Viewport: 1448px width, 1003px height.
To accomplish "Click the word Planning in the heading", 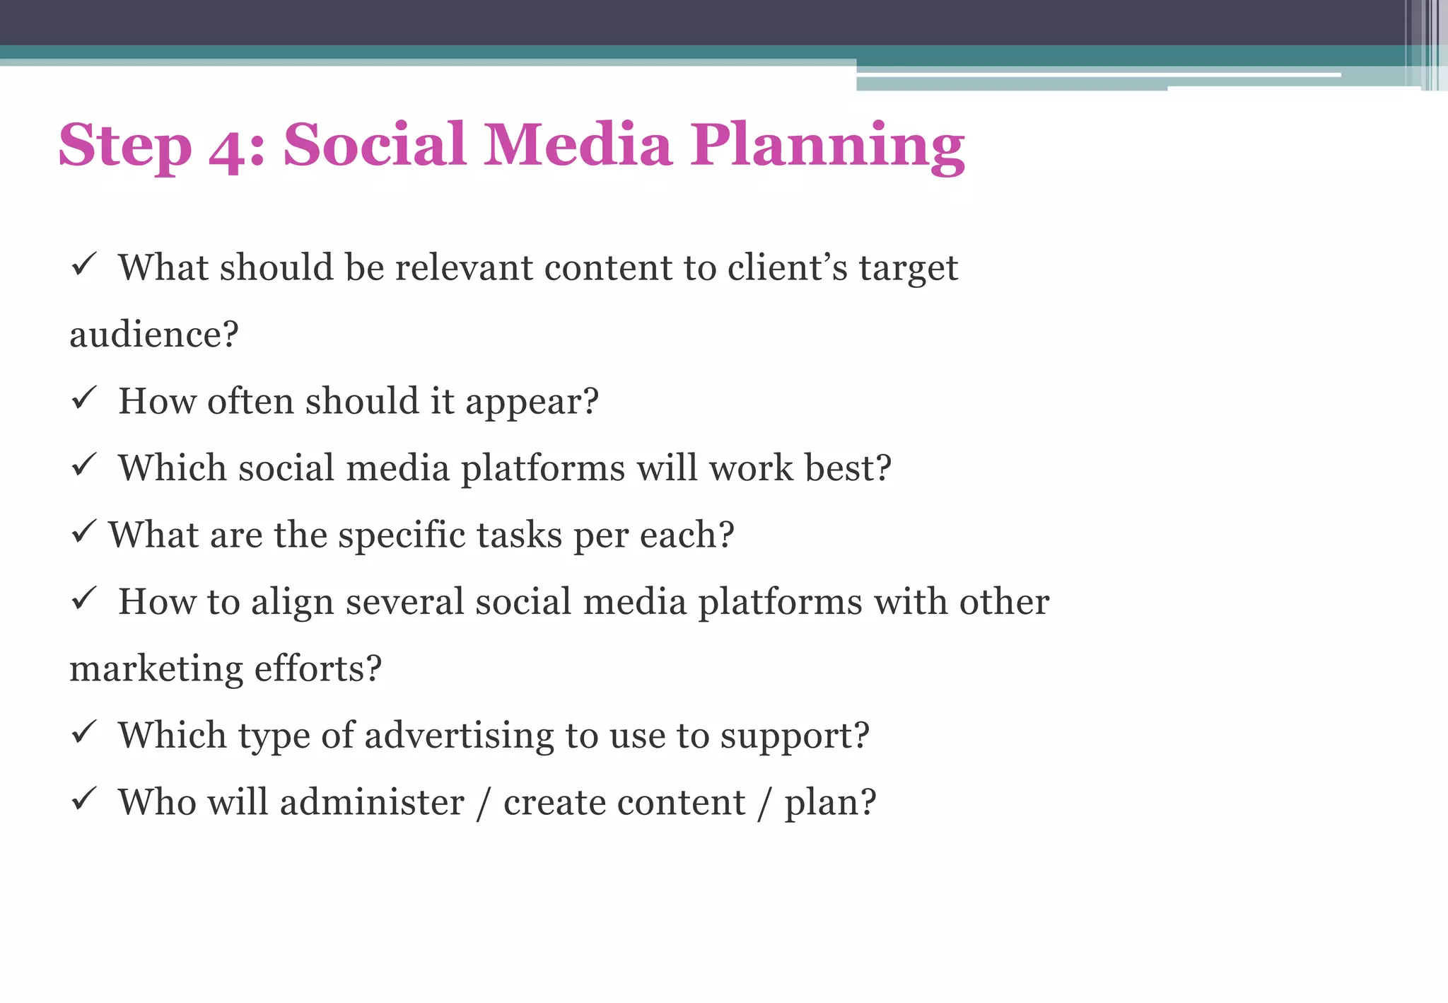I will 827,146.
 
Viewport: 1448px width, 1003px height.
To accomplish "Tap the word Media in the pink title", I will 577,144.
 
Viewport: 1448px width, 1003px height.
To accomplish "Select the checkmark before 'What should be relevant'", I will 83,265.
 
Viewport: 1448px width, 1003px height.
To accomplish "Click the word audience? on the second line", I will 154,334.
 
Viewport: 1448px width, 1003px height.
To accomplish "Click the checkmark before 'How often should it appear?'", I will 83,399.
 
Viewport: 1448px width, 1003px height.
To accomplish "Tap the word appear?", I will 532,402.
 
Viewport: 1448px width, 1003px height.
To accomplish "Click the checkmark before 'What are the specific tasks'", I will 83,532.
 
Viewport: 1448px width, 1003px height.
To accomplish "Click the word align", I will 292,603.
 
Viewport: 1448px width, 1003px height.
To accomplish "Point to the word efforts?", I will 317,668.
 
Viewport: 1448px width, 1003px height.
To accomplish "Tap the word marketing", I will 156,669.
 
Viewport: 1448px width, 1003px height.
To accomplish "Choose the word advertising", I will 459,736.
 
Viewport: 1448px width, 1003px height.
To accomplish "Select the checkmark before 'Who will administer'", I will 83,799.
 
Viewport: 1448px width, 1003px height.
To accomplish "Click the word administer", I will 372,802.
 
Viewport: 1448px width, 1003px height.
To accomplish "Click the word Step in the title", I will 125,147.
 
